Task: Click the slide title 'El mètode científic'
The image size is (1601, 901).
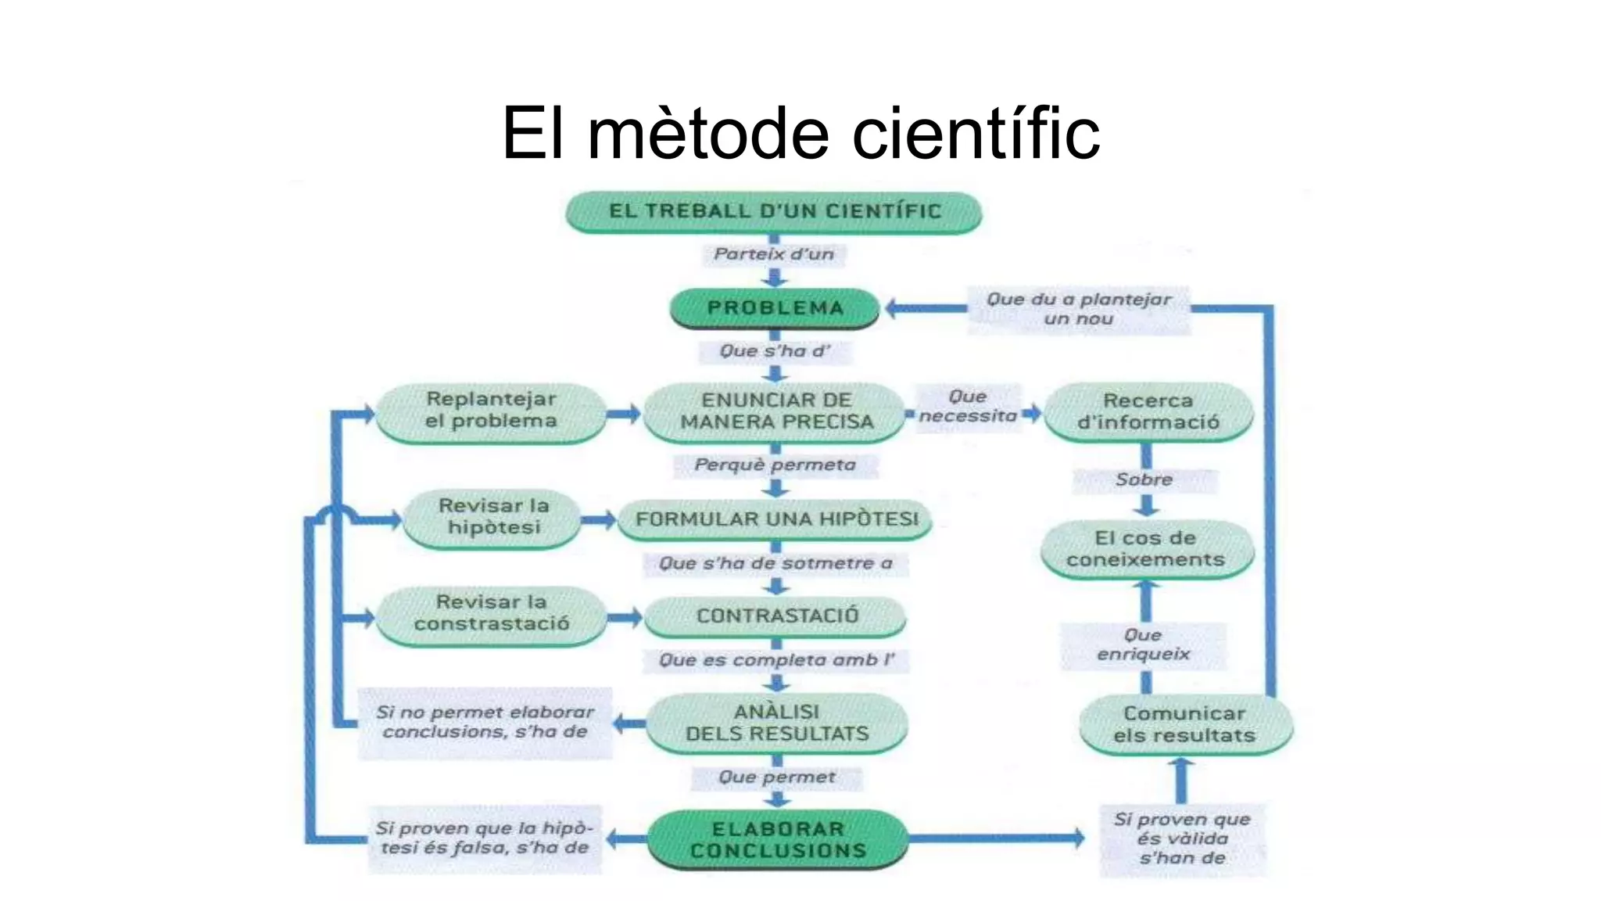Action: [x=800, y=133]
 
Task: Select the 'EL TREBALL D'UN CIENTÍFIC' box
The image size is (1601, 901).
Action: [x=774, y=212]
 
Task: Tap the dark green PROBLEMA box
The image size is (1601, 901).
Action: [x=775, y=308]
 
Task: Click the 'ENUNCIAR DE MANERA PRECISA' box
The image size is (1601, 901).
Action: [x=775, y=411]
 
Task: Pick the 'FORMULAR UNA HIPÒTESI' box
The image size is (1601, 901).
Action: [x=775, y=519]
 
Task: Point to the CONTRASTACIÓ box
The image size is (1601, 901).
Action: [x=775, y=616]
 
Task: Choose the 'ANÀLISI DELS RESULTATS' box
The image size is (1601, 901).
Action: [x=777, y=723]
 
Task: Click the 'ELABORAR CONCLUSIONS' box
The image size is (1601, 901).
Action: [x=778, y=840]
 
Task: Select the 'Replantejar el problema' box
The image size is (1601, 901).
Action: [x=491, y=411]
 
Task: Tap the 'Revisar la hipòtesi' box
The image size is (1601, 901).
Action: [x=493, y=517]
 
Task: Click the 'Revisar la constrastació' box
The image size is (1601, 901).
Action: [x=492, y=613]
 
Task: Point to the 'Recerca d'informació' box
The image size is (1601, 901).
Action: [x=1148, y=411]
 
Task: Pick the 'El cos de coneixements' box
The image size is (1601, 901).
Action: [x=1146, y=549]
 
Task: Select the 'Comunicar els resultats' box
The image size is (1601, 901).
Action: [x=1184, y=724]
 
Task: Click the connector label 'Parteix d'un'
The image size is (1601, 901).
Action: [x=774, y=254]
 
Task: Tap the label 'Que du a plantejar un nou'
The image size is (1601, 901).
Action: [x=1079, y=309]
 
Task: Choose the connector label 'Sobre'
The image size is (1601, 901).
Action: [x=1144, y=479]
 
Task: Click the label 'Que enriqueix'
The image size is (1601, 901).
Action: [x=1143, y=644]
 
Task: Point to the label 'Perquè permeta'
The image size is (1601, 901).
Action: [x=775, y=465]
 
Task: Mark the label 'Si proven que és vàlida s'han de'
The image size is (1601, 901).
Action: [x=1182, y=839]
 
